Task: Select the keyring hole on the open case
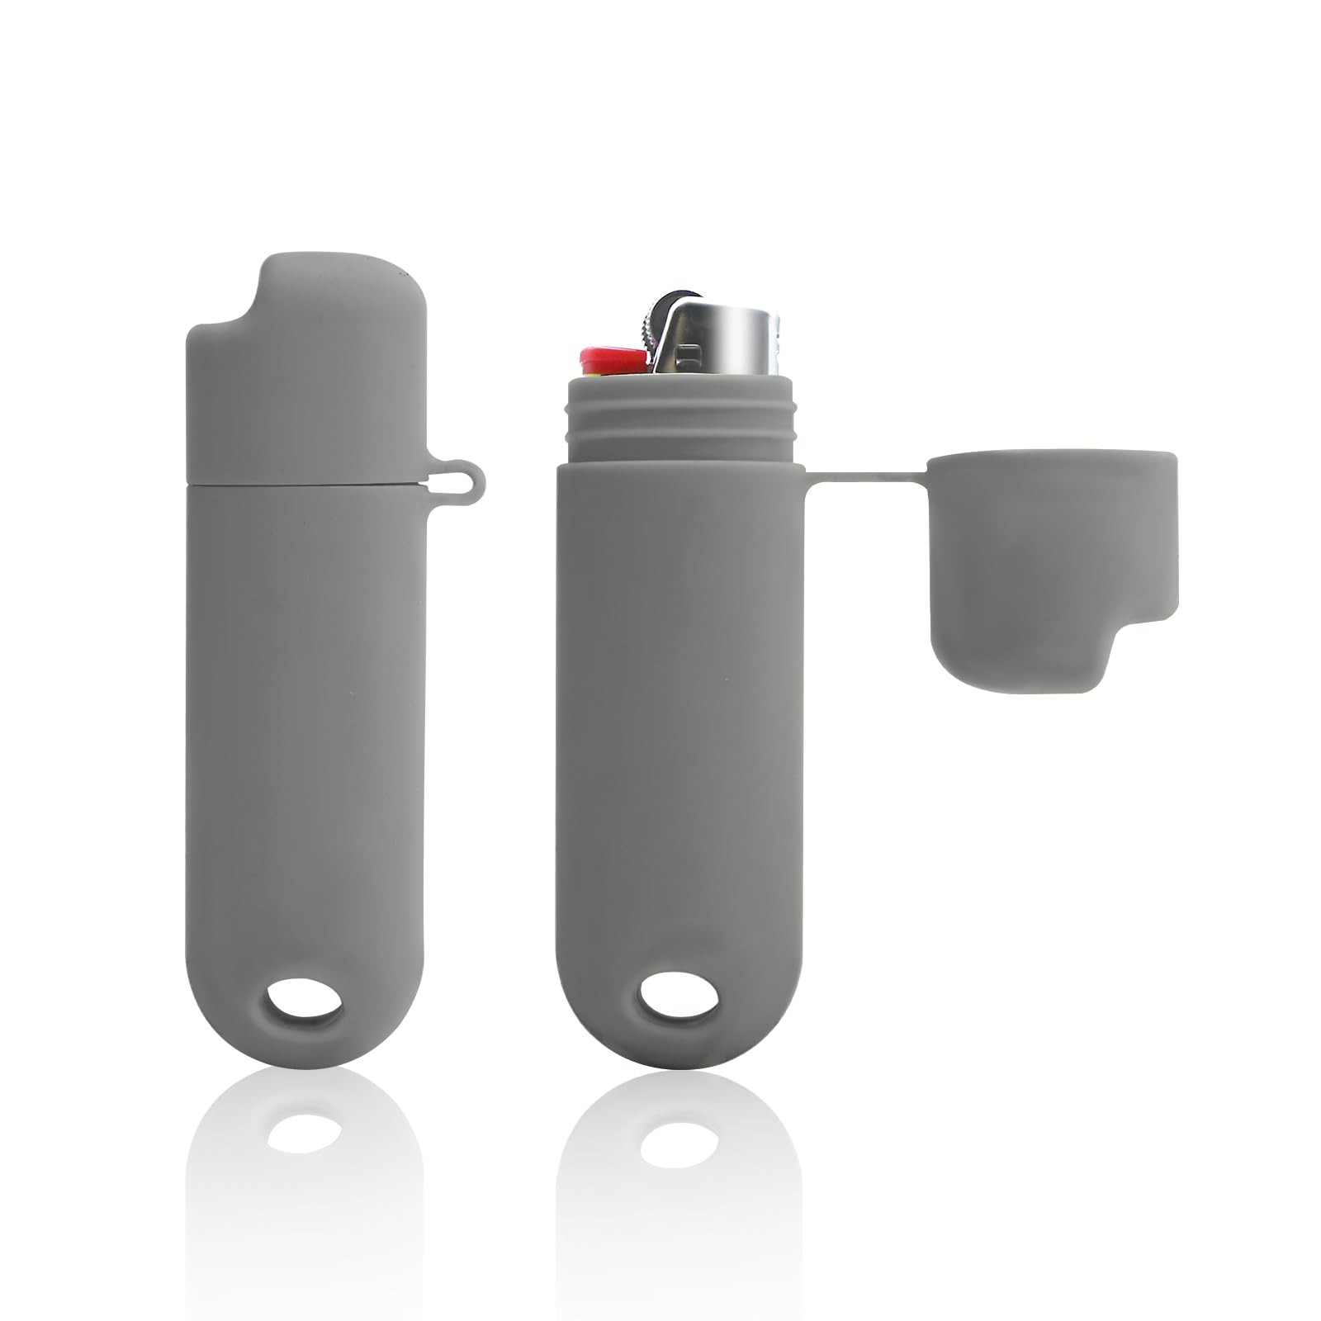(x=679, y=1003)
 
